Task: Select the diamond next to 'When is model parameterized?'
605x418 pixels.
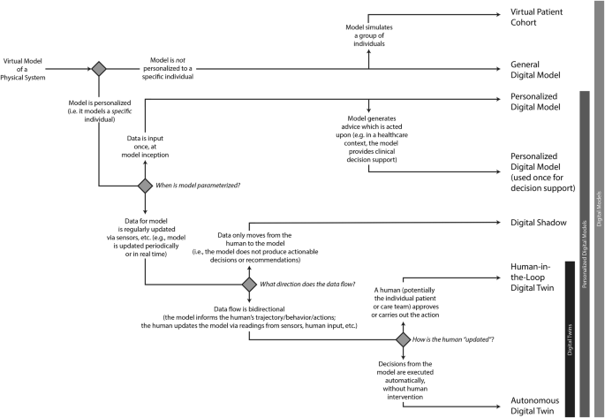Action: pyautogui.click(x=145, y=186)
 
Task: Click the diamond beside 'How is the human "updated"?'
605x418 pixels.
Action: pyautogui.click(x=402, y=339)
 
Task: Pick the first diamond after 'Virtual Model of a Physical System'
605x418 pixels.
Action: pyautogui.click(x=98, y=67)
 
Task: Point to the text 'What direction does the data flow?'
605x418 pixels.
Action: pyautogui.click(x=307, y=285)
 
